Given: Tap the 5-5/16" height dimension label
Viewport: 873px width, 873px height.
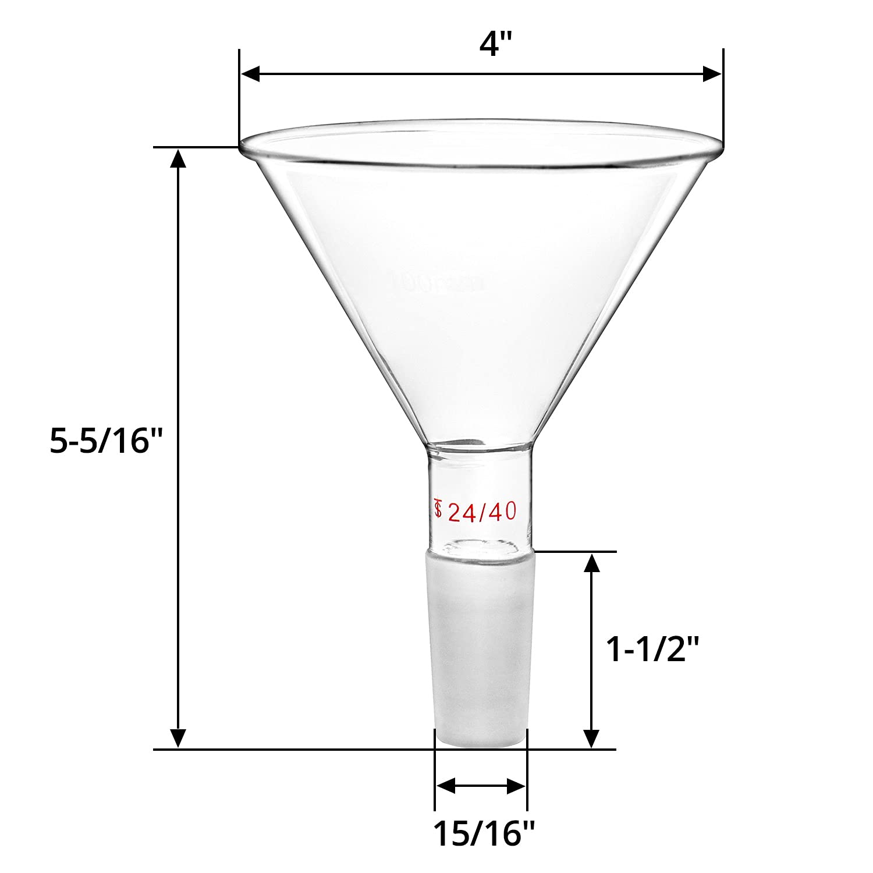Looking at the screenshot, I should point(105,441).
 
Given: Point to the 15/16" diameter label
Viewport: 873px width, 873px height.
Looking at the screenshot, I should point(483,834).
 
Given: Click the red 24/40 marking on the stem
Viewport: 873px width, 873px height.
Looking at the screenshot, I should point(482,512).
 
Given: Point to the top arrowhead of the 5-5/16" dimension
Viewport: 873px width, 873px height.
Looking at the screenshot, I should point(178,158).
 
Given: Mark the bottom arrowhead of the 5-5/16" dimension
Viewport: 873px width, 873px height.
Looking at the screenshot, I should point(178,738).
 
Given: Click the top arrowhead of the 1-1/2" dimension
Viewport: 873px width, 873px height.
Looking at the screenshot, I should point(591,563).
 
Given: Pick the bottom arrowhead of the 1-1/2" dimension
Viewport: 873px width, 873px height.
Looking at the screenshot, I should point(591,738).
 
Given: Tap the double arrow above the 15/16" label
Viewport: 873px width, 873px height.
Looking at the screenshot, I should point(481,786).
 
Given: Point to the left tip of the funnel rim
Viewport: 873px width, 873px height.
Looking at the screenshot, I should point(241,144).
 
